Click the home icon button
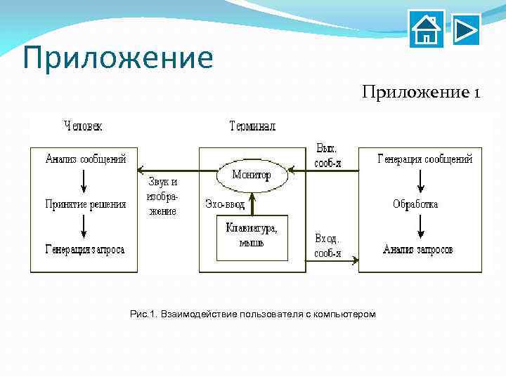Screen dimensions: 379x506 coord(427,29)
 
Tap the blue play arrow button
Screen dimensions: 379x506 coord(466,29)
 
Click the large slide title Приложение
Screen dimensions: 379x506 coord(117,58)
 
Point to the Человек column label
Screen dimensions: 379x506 coord(83,126)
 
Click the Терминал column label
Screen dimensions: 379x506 coord(252,126)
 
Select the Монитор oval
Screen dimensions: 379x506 coord(252,175)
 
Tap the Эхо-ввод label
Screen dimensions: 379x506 coord(225,204)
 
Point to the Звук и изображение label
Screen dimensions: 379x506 coord(162,196)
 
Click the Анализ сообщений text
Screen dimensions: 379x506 coord(86,159)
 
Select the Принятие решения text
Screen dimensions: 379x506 coord(86,204)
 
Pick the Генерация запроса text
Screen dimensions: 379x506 coord(86,249)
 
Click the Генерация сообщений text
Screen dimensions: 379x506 coord(425,159)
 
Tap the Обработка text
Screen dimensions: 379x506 coord(415,204)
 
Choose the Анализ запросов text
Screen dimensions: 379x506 coord(417,249)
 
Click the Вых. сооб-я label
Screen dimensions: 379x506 coord(327,155)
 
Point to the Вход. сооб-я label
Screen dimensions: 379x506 coord(327,246)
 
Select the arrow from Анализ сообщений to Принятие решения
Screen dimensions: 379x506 coord(84,181)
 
